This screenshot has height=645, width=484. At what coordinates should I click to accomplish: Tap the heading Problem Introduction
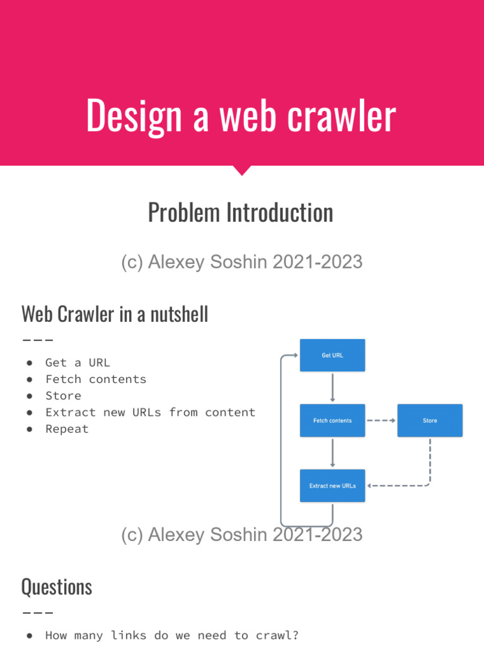(241, 213)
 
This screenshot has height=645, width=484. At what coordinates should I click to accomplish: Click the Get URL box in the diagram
(332, 355)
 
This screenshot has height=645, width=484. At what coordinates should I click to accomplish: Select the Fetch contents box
(332, 421)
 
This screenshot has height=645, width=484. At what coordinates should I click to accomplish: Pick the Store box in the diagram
(430, 421)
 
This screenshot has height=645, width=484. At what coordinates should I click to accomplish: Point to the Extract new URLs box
(332, 486)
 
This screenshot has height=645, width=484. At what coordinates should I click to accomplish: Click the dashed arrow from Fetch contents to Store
(381, 421)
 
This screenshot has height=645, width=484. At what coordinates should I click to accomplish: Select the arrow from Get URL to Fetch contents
(332, 387)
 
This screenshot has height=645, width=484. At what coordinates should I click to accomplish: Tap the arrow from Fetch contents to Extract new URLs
(332, 453)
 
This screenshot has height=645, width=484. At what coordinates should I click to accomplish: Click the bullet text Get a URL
(78, 363)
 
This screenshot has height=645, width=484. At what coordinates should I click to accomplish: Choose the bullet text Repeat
(67, 429)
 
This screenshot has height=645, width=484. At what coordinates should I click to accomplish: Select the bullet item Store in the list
(63, 396)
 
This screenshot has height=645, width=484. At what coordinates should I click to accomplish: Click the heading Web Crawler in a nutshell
(115, 314)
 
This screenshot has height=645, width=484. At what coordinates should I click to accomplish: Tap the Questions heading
(57, 587)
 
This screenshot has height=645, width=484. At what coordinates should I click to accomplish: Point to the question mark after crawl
(296, 636)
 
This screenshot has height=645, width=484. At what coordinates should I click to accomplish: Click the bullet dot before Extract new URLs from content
(30, 413)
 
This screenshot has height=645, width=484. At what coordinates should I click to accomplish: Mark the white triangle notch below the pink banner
(242, 170)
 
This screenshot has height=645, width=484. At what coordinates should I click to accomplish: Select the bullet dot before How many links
(30, 636)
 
